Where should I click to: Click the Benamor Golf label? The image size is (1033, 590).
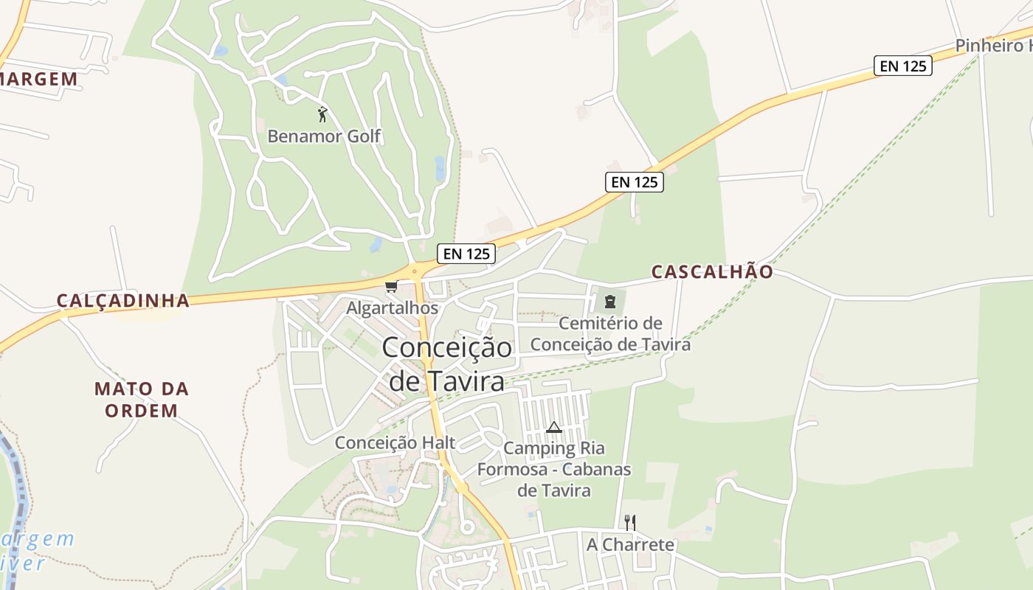(x=324, y=136)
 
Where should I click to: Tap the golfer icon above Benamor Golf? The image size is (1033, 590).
(x=322, y=114)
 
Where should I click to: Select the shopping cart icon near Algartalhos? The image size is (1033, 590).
(x=391, y=286)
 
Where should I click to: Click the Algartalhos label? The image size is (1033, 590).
(x=393, y=308)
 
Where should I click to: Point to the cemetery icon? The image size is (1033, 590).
(x=610, y=301)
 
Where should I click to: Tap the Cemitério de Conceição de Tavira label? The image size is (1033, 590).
(x=610, y=334)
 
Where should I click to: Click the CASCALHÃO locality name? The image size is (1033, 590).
(x=712, y=272)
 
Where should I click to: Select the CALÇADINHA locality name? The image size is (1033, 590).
(x=123, y=301)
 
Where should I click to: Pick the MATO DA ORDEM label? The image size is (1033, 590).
(x=142, y=400)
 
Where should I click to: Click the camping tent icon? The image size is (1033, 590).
(x=554, y=427)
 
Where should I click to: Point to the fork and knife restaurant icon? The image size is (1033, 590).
(x=630, y=523)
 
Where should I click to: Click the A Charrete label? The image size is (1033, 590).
(x=630, y=545)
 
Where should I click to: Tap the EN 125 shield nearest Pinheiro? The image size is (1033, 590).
(x=903, y=66)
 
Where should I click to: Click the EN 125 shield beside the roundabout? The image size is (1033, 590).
(x=466, y=254)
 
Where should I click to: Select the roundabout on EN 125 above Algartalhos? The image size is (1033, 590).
(x=415, y=271)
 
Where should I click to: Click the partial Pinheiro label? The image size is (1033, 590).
(x=993, y=46)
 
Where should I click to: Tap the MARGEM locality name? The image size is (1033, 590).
(x=38, y=79)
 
